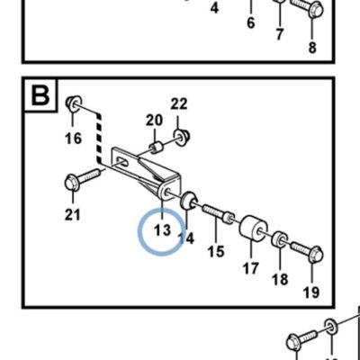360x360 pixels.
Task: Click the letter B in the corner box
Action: [x=40, y=95]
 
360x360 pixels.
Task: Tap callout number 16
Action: [x=73, y=139]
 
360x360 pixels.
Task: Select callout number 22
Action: [x=179, y=103]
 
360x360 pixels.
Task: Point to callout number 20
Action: [x=155, y=121]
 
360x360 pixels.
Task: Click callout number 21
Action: [x=73, y=215]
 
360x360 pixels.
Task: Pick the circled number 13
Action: [x=162, y=230]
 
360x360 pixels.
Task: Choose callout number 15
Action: [x=216, y=251]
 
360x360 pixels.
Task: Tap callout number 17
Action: [x=250, y=268]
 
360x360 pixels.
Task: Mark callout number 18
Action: [x=280, y=279]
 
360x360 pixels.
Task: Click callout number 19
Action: [x=311, y=292]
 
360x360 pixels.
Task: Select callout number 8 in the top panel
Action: [x=312, y=48]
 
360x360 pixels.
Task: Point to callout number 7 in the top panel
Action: [x=280, y=34]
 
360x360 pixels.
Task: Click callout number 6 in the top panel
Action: [x=251, y=22]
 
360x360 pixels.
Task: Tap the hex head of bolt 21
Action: [x=72, y=183]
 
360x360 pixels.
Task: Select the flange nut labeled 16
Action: [x=74, y=103]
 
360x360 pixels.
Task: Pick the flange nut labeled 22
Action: [x=182, y=137]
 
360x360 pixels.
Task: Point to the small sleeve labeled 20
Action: [x=157, y=148]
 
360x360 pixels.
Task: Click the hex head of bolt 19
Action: [x=315, y=255]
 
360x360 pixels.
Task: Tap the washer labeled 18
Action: [x=280, y=238]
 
